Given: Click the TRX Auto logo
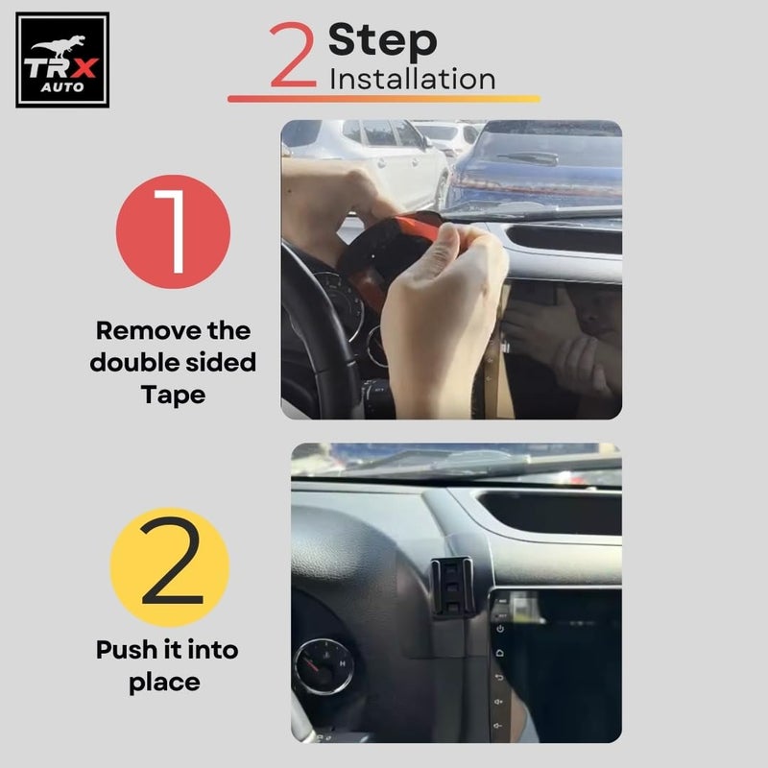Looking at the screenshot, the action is [62, 60].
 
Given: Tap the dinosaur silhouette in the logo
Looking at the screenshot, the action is [59, 46].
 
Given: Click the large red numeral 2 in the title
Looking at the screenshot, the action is [293, 55].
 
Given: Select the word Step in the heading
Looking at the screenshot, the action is [382, 41].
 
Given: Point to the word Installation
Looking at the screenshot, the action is [413, 79].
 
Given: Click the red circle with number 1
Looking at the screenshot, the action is [173, 231].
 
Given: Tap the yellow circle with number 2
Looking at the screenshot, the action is [170, 566].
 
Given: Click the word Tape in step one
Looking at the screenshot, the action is [173, 395].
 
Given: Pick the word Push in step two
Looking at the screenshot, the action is [128, 650].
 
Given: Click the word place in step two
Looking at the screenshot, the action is [164, 683].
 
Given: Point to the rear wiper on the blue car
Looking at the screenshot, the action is [527, 157].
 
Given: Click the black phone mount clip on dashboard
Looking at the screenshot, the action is [451, 586].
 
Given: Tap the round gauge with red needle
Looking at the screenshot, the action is [324, 665].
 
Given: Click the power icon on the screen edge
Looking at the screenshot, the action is [500, 629].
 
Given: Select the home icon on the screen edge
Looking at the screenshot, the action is [500, 653].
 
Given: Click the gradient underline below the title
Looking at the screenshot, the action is [384, 99].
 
